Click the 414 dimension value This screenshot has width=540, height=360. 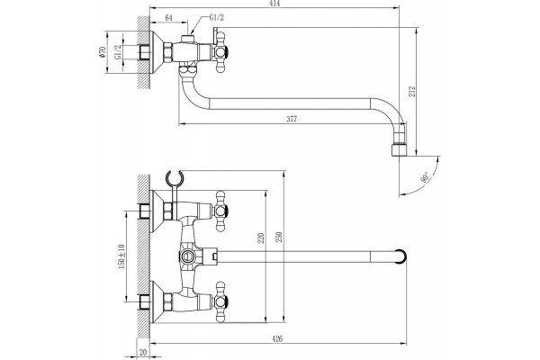pos(275,4)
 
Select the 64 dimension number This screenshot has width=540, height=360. pos(169,18)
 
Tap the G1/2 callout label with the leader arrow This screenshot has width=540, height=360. pos(217,18)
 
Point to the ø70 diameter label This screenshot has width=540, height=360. pos(102,51)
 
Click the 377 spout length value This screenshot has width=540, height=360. pos(292,119)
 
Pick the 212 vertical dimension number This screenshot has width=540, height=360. pos(412,91)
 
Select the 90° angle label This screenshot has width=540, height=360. pos(425,177)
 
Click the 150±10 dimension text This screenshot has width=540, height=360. pos(121,256)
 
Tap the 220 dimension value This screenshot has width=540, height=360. pos(261,238)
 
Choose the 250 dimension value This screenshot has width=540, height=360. pos(279,237)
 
